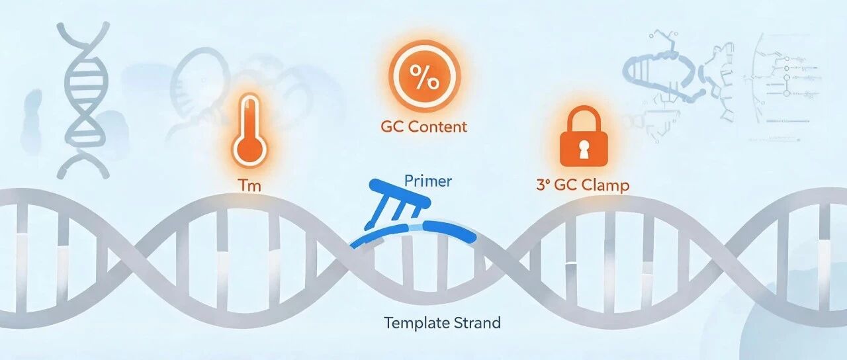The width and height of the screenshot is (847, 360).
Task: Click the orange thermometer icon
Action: [249, 130]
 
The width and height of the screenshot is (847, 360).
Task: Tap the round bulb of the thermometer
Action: [249, 152]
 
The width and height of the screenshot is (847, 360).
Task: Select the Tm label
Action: [249, 186]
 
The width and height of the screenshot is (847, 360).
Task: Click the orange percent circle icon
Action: [425, 77]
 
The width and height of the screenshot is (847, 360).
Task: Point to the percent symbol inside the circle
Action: [425, 77]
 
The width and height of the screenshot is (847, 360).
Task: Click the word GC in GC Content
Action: [392, 126]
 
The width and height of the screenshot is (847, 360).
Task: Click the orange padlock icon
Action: [583, 136]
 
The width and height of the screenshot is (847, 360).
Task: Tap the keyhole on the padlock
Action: [584, 150]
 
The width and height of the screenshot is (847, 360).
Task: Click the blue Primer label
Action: [427, 181]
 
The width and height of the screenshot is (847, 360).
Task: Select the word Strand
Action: [477, 323]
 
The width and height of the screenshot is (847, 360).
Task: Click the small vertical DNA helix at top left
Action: [83, 100]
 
